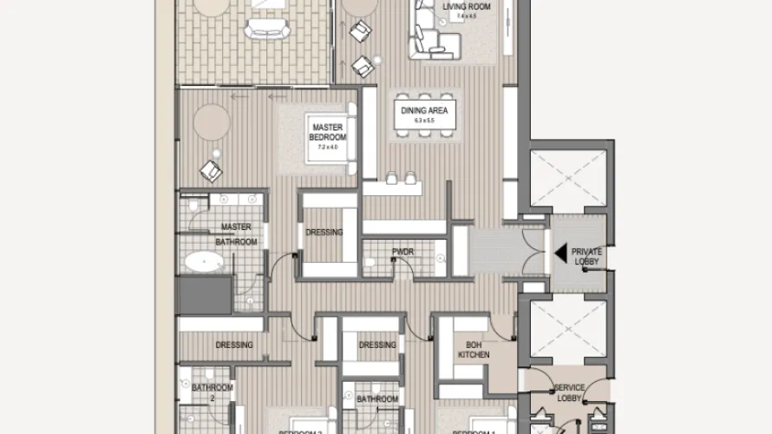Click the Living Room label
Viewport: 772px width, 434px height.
466,7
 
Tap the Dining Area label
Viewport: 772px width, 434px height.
417,110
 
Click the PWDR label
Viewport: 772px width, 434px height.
403,253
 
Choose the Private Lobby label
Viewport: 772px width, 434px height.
586,256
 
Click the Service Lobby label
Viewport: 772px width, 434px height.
569,392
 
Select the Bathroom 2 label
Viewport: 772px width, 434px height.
212,393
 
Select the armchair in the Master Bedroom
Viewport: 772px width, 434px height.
211,169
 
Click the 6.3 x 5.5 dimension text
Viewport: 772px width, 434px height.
417,122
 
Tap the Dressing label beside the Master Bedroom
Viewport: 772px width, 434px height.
324,233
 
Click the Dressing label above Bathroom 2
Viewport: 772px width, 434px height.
234,345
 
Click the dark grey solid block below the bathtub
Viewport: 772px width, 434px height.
206,296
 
